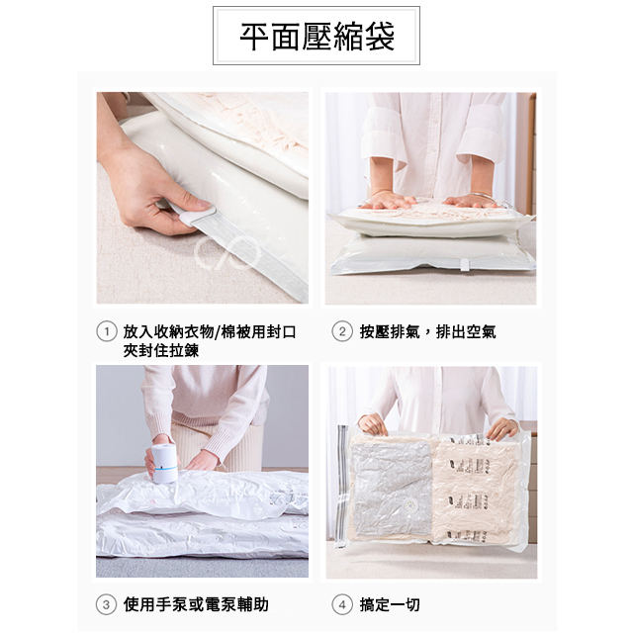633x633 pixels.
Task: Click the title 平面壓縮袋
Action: click(x=316, y=37)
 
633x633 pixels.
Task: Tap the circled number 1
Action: click(x=107, y=332)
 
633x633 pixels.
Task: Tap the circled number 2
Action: click(x=342, y=332)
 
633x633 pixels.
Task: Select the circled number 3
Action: click(x=106, y=604)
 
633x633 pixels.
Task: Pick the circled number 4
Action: click(x=342, y=604)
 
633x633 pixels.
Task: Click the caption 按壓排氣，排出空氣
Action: click(x=428, y=332)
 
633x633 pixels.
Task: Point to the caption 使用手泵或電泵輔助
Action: click(x=196, y=604)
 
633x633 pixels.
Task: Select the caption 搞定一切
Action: click(x=390, y=604)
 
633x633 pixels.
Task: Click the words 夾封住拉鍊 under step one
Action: click(x=161, y=350)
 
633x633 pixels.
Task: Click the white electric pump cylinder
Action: click(x=164, y=463)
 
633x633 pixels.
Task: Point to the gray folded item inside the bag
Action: click(x=392, y=489)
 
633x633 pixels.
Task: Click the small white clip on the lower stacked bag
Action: click(x=465, y=265)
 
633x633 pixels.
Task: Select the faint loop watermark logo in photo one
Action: click(x=226, y=253)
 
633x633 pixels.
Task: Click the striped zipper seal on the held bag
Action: click(x=342, y=485)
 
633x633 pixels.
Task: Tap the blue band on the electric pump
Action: click(x=165, y=468)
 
